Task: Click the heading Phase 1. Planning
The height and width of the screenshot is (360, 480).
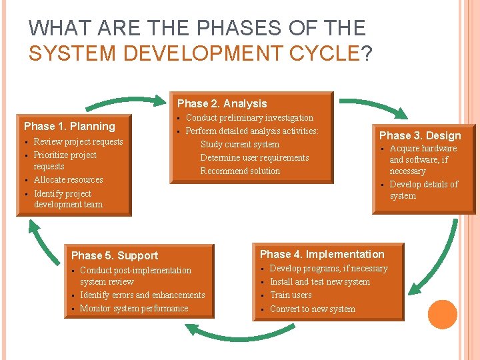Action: pos(69,126)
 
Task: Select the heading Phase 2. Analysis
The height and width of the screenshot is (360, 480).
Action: pos(221,103)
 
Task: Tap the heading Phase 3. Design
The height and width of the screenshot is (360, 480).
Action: pos(420,135)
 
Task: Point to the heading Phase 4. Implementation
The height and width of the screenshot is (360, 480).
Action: pos(322,254)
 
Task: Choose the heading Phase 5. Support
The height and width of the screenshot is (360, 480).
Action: pos(115,255)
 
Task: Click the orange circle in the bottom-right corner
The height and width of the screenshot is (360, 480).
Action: pos(443,314)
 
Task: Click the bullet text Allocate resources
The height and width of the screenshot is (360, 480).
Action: pos(68,179)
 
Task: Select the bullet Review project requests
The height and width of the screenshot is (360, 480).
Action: pos(78,141)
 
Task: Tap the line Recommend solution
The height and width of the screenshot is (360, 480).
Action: pos(240,171)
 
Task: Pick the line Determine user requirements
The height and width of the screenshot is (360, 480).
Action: pos(255,157)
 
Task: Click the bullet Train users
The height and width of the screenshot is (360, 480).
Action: pos(291,295)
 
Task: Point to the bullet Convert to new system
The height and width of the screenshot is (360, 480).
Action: pos(312,309)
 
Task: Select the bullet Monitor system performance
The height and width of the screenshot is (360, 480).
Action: pos(133,308)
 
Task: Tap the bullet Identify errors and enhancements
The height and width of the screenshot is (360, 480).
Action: pos(142,295)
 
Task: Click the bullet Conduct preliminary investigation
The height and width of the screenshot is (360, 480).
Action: pos(249,117)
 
